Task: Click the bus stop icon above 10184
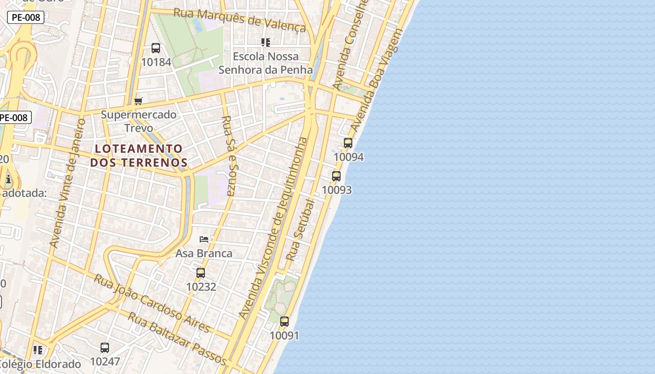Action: click(156, 48)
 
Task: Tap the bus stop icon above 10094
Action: click(348, 143)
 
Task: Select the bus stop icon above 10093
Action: click(336, 176)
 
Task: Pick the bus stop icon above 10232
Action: click(201, 273)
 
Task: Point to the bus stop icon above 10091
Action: click(284, 322)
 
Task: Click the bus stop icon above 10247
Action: click(105, 348)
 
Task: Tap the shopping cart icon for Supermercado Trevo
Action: click(138, 101)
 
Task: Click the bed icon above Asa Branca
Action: click(204, 239)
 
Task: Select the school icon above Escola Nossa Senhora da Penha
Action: click(266, 43)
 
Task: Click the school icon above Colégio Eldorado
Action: click(38, 350)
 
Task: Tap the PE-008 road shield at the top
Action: click(26, 18)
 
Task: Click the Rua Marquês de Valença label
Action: click(240, 20)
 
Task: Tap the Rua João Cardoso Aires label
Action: click(153, 303)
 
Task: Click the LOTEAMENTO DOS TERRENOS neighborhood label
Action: click(139, 156)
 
